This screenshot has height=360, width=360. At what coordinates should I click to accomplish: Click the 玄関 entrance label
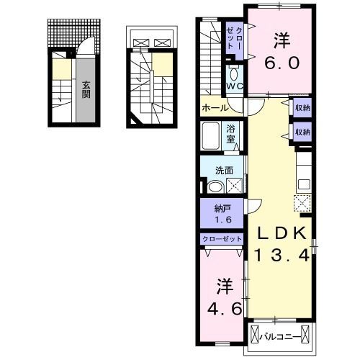pos(85,89)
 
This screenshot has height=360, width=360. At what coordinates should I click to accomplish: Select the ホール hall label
pos(215,108)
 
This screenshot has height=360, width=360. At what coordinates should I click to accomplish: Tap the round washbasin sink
pos(215,186)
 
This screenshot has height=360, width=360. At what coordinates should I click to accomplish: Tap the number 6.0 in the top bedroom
pos(280,63)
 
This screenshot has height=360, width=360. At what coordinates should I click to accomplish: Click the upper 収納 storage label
pos(302,109)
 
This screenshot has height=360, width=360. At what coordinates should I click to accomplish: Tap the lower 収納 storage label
pos(302,132)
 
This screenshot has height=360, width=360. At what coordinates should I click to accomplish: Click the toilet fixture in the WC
pos(234,75)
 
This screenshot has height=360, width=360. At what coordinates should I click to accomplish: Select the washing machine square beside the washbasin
pos(234,186)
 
